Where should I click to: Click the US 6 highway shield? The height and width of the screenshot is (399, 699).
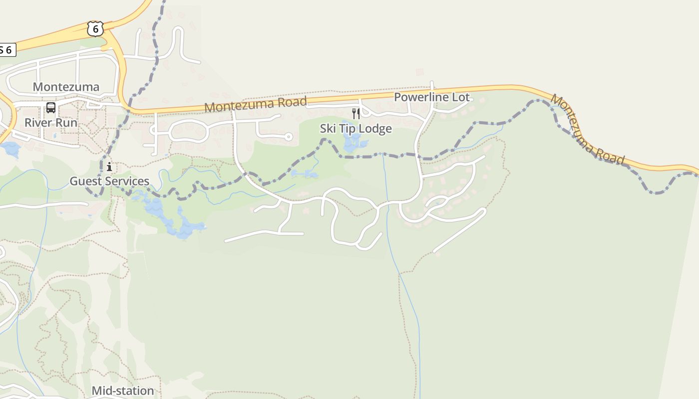[95, 29]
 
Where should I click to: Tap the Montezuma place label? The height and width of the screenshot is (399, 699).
[66, 87]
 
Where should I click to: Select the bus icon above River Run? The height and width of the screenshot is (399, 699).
[51, 108]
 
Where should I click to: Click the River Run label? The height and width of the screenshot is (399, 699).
[51, 122]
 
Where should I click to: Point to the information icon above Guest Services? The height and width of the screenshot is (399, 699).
[109, 167]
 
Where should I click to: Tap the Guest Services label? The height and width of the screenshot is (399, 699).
[109, 181]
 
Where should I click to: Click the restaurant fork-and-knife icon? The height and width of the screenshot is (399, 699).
[356, 114]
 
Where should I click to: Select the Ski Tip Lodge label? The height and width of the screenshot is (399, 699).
[356, 129]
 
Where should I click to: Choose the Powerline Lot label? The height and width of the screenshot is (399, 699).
[432, 97]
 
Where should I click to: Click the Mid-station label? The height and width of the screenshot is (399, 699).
[123, 391]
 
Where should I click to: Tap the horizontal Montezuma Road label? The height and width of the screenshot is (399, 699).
[256, 104]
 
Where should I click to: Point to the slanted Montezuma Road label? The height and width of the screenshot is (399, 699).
[587, 129]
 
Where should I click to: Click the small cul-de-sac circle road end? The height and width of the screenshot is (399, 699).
[288, 136]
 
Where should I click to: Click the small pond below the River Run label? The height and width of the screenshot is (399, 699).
[10, 149]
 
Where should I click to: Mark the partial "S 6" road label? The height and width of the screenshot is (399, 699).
[7, 50]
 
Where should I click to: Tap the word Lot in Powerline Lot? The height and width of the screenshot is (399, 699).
[461, 97]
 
